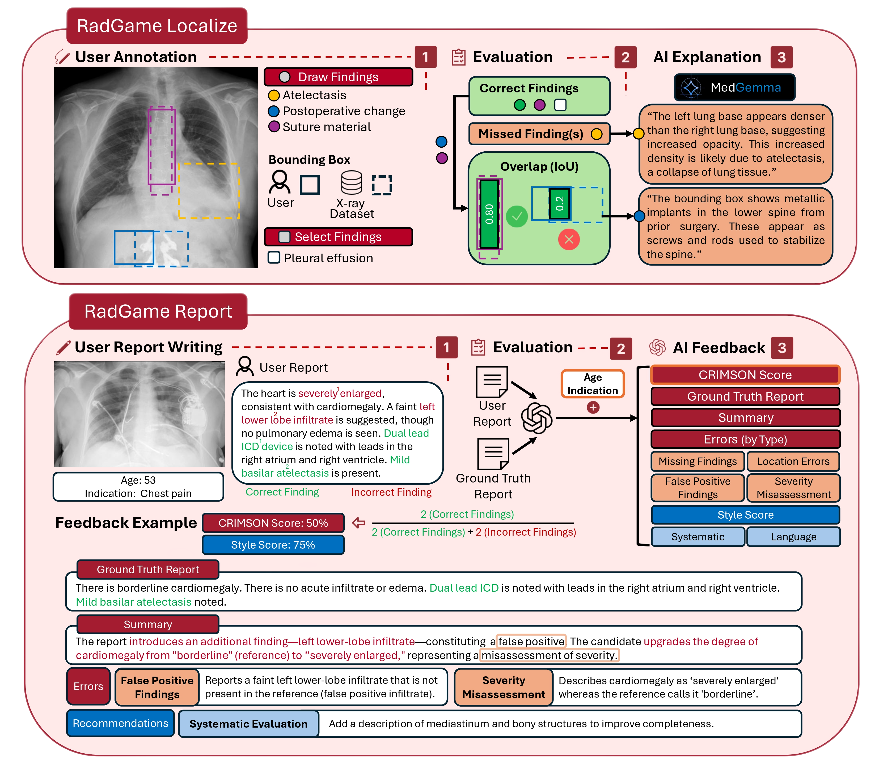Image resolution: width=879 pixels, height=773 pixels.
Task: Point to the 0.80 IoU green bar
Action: (x=489, y=213)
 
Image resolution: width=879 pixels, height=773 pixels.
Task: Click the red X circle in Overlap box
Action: (x=569, y=239)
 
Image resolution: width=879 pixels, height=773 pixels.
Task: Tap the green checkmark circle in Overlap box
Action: (x=517, y=217)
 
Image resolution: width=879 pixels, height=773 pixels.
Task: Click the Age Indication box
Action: (x=592, y=384)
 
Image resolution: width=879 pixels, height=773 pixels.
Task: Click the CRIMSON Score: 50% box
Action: (x=273, y=523)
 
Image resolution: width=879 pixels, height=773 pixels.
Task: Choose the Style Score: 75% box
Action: (x=273, y=545)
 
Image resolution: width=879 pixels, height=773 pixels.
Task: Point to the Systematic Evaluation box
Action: (x=248, y=724)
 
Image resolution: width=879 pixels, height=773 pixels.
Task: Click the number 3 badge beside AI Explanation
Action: (x=781, y=57)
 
